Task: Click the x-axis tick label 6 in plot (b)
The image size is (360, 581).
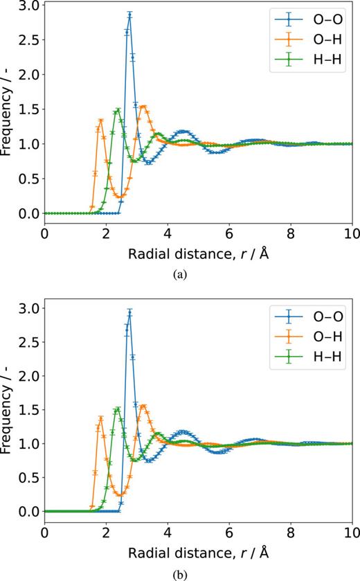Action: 229,534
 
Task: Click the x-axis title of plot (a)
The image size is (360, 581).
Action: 199,253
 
